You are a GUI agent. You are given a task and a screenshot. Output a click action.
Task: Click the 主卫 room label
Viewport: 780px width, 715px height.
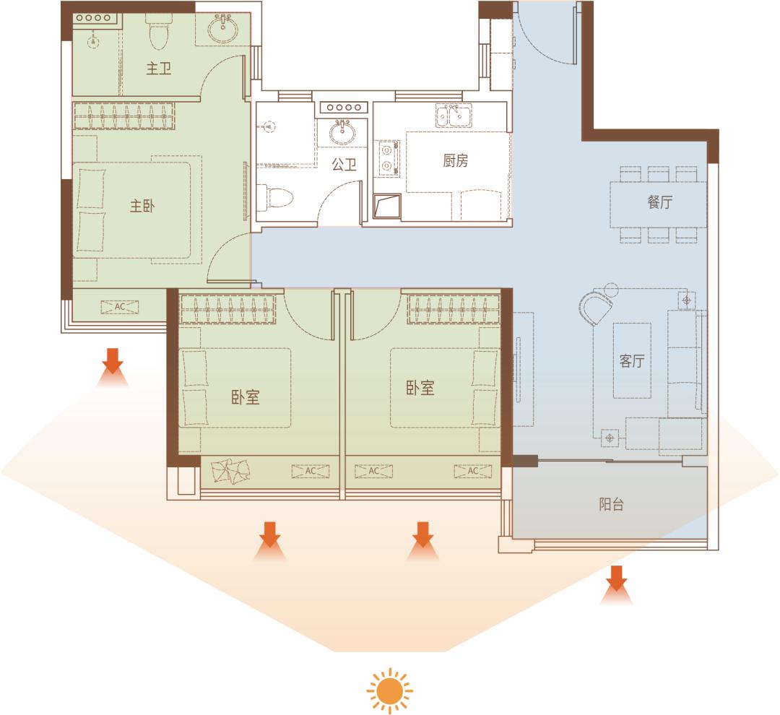159,68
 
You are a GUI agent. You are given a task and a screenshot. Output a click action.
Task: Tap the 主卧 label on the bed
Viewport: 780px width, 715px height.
142,206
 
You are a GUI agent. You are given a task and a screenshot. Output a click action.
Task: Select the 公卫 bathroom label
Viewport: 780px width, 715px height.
344,164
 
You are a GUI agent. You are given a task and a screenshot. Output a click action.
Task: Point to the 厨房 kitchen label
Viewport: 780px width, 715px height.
455,161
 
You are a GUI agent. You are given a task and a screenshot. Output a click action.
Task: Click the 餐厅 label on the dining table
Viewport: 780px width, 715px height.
659,201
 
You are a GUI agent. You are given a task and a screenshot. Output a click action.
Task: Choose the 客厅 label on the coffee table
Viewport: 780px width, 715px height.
632,360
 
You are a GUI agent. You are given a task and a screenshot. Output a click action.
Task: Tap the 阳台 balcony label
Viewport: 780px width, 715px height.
612,505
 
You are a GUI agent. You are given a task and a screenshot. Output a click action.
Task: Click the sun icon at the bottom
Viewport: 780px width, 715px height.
389,690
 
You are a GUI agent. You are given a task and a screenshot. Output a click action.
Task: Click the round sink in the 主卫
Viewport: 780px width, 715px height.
223,30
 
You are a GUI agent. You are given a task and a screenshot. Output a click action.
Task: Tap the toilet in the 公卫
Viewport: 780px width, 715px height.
274,198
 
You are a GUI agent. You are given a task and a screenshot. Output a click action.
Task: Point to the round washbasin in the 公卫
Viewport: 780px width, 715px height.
342,132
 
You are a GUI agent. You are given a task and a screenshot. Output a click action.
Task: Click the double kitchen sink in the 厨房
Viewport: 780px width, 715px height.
454,116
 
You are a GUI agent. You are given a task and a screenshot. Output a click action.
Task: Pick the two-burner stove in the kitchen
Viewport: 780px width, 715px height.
388,158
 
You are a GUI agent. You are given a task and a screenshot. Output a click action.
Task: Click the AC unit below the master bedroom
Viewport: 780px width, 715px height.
120,307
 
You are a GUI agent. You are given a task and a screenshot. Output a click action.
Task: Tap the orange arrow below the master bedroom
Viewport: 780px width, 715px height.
113,367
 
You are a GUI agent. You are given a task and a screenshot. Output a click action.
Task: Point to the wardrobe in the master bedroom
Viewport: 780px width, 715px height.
124,116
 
